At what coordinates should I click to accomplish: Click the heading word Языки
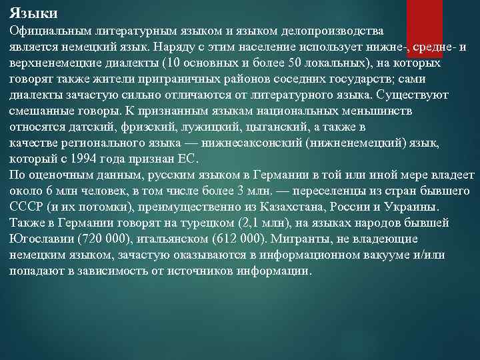point(34,13)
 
